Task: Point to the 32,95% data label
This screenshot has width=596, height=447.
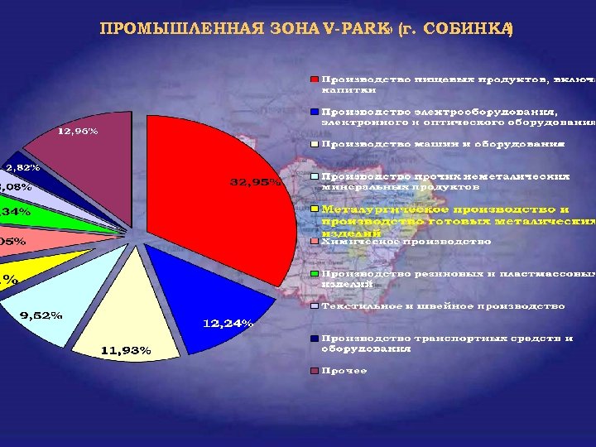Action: [x=255, y=183]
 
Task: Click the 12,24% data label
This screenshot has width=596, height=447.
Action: [x=228, y=324]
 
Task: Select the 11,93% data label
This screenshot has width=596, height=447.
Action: [x=126, y=350]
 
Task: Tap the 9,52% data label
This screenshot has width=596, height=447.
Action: [x=41, y=315]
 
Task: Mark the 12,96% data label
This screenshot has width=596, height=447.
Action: [x=77, y=131]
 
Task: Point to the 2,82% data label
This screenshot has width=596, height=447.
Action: [x=22, y=167]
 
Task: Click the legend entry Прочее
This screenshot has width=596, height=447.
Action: [x=344, y=370]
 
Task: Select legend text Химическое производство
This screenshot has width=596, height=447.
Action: [x=406, y=242]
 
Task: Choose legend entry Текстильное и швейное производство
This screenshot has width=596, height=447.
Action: [x=443, y=306]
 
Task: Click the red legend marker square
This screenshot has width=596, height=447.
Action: [x=315, y=79]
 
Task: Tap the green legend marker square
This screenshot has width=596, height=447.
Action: [x=315, y=274]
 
